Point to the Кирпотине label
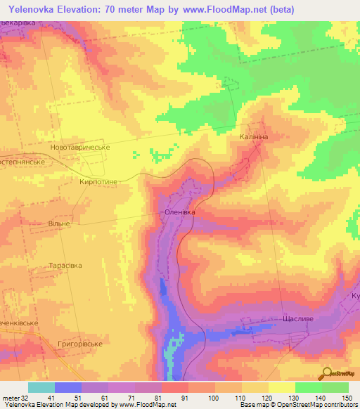click(102, 181)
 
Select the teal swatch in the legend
click(41, 387)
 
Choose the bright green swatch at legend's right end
click(335, 387)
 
